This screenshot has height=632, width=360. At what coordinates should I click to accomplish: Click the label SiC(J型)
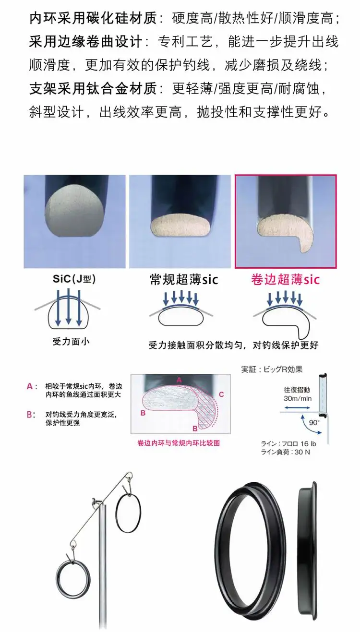tap(74, 279)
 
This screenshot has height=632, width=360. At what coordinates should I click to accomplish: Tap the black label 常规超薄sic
tap(184, 280)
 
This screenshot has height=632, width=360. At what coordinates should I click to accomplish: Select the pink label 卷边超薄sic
tap(286, 280)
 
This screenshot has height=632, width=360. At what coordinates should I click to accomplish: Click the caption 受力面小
tap(71, 341)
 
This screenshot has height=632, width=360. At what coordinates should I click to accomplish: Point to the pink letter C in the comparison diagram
tap(221, 394)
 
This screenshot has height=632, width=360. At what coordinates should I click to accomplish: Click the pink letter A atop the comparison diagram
tap(179, 381)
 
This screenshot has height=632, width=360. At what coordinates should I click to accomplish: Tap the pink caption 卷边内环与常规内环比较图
tap(178, 443)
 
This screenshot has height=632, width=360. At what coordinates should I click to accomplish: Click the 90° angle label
tap(314, 422)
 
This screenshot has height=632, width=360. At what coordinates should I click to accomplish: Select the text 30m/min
tap(298, 398)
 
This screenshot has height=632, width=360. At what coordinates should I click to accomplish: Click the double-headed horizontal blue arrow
tap(297, 408)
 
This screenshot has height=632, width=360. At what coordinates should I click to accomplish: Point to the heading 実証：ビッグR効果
tap(272, 370)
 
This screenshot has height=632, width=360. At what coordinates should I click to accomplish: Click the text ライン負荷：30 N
tap(285, 452)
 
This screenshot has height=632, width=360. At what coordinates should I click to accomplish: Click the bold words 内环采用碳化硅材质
tap(93, 19)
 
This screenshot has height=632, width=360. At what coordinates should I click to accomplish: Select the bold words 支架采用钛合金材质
tap(93, 89)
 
